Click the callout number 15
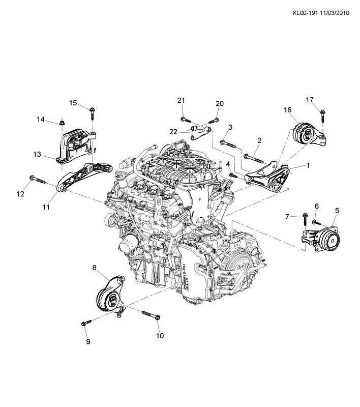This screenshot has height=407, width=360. (73, 103)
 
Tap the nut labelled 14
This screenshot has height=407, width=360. (62, 122)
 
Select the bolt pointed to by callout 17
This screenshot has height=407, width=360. (322, 116)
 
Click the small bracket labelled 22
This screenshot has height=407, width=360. (200, 132)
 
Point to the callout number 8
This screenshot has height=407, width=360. (95, 268)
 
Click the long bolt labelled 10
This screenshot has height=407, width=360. (151, 315)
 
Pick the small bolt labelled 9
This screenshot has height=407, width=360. (86, 323)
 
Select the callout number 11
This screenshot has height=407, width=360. (46, 207)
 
